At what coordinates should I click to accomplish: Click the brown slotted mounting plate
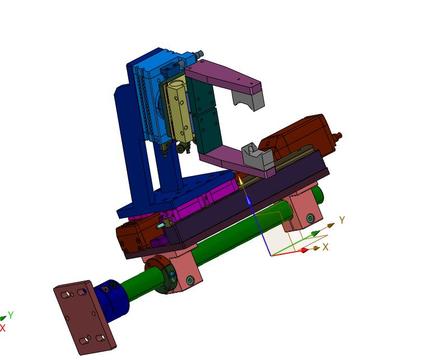(x=85, y=317)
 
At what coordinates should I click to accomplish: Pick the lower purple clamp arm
(x=233, y=163)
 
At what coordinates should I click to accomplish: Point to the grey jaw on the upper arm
(x=248, y=99)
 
